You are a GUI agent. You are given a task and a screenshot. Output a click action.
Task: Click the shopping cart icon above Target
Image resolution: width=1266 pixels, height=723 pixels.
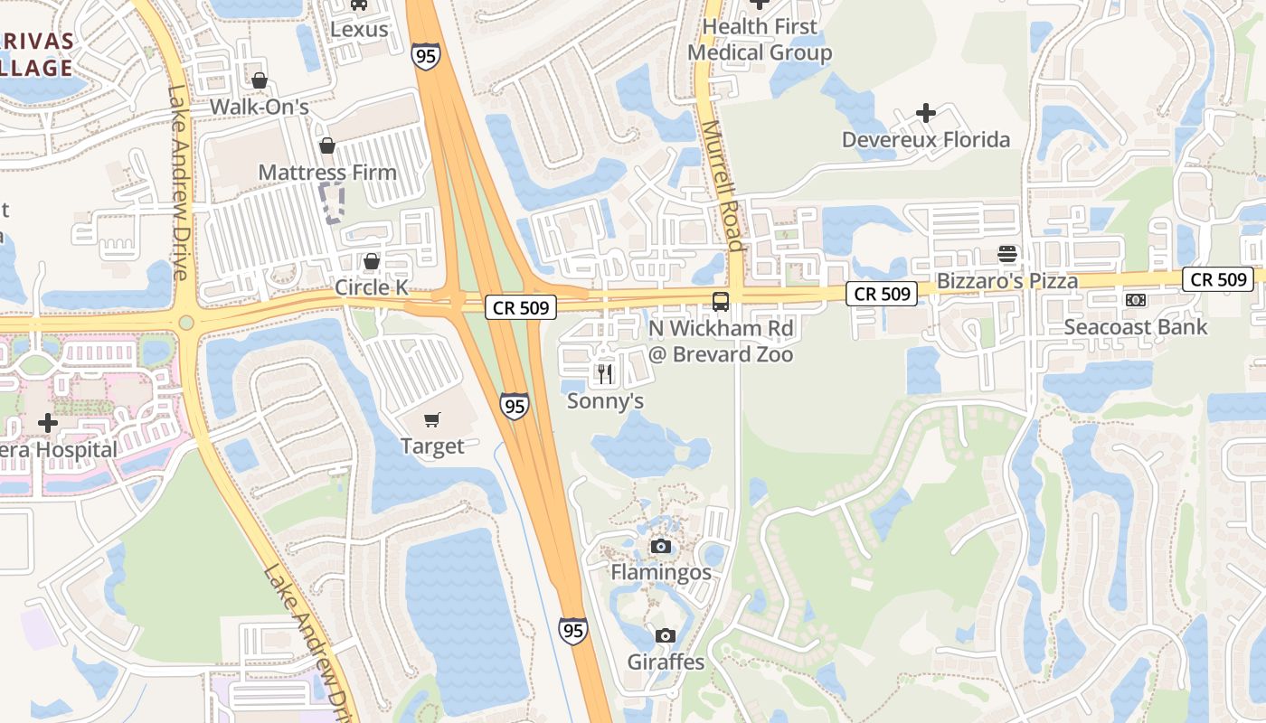(432, 419)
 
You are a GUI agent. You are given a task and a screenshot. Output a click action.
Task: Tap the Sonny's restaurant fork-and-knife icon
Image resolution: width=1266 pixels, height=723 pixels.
(605, 373)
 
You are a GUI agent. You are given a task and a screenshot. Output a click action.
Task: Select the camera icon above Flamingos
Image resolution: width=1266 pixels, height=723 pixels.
(661, 546)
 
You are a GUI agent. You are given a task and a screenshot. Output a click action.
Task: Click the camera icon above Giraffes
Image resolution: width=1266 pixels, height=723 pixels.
(666, 635)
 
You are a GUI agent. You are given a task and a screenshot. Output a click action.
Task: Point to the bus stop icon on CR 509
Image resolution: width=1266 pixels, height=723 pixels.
(721, 302)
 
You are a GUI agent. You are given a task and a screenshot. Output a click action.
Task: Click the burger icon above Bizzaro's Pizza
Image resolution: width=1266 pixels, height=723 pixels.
(1007, 254)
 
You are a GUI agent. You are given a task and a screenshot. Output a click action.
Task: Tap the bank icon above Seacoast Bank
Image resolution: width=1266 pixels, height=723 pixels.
(1136, 300)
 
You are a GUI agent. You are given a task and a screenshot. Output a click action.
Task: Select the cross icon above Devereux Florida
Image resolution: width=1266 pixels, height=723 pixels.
(925, 113)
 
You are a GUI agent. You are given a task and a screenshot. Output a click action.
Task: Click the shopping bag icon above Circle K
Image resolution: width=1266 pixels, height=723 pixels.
(371, 261)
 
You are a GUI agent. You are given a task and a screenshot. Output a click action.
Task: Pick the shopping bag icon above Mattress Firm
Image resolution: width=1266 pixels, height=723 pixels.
(327, 146)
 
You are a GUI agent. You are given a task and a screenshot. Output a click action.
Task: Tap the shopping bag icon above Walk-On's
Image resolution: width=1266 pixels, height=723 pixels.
(260, 80)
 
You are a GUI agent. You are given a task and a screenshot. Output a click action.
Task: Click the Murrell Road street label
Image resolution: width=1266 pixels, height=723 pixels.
(723, 186)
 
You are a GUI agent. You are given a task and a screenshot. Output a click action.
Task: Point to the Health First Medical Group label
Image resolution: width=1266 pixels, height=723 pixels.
(760, 40)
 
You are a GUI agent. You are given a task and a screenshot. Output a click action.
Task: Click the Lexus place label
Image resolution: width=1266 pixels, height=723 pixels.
(359, 29)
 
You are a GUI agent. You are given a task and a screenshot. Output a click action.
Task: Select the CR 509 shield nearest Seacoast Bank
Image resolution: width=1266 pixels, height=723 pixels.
(1218, 279)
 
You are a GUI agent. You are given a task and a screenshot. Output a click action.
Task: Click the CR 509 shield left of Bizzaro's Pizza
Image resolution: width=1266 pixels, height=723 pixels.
(882, 293)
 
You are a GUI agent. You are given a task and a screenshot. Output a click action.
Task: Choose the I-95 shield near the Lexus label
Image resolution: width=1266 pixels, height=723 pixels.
(426, 55)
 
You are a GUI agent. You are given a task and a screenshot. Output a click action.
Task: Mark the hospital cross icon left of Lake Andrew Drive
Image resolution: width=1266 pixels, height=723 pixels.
(48, 423)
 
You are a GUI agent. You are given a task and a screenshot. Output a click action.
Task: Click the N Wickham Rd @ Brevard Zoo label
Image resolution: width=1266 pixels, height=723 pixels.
(721, 341)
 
